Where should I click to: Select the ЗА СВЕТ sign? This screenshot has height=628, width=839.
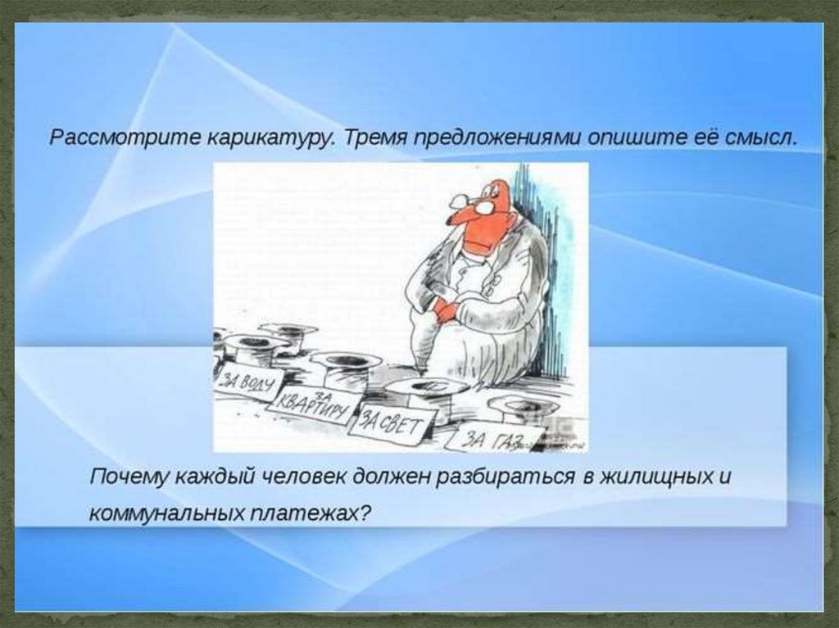pyautogui.click(x=392, y=425)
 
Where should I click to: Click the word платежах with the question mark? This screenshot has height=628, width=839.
pyautogui.click(x=311, y=513)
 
